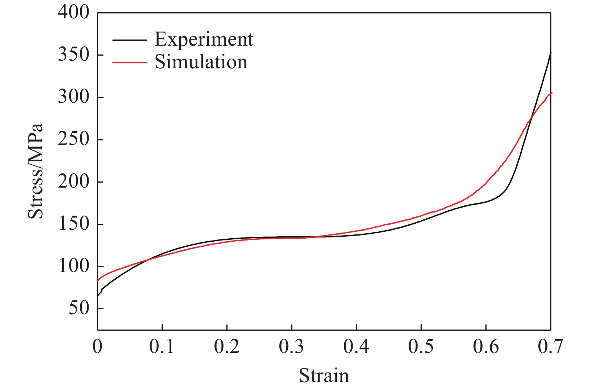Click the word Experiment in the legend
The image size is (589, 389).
[x=204, y=39]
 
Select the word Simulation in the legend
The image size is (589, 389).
[x=201, y=62]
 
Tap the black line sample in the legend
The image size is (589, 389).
[x=130, y=40]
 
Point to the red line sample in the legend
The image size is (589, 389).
[x=130, y=63]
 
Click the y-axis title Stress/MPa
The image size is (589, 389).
[x=36, y=171]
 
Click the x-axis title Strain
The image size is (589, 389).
[x=324, y=376]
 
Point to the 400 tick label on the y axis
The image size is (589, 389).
[x=73, y=13]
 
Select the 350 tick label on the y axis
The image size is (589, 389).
[x=73, y=55]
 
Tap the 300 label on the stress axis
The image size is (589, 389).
[x=73, y=97]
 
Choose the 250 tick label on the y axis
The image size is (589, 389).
[x=73, y=139]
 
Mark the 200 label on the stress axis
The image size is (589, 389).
[x=73, y=181]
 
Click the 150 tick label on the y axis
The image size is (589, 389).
[x=73, y=224]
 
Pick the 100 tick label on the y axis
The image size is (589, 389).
[x=73, y=266]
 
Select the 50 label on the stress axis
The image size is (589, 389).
[x=79, y=308]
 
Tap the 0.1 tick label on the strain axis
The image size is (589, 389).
[x=162, y=347]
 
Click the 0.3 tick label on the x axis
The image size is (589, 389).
[x=292, y=347]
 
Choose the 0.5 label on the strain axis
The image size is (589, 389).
[x=421, y=347]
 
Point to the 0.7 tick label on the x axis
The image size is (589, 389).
[x=551, y=347]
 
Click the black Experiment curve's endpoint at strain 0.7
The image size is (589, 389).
[x=551, y=52]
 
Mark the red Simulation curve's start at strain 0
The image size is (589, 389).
[x=98, y=280]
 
